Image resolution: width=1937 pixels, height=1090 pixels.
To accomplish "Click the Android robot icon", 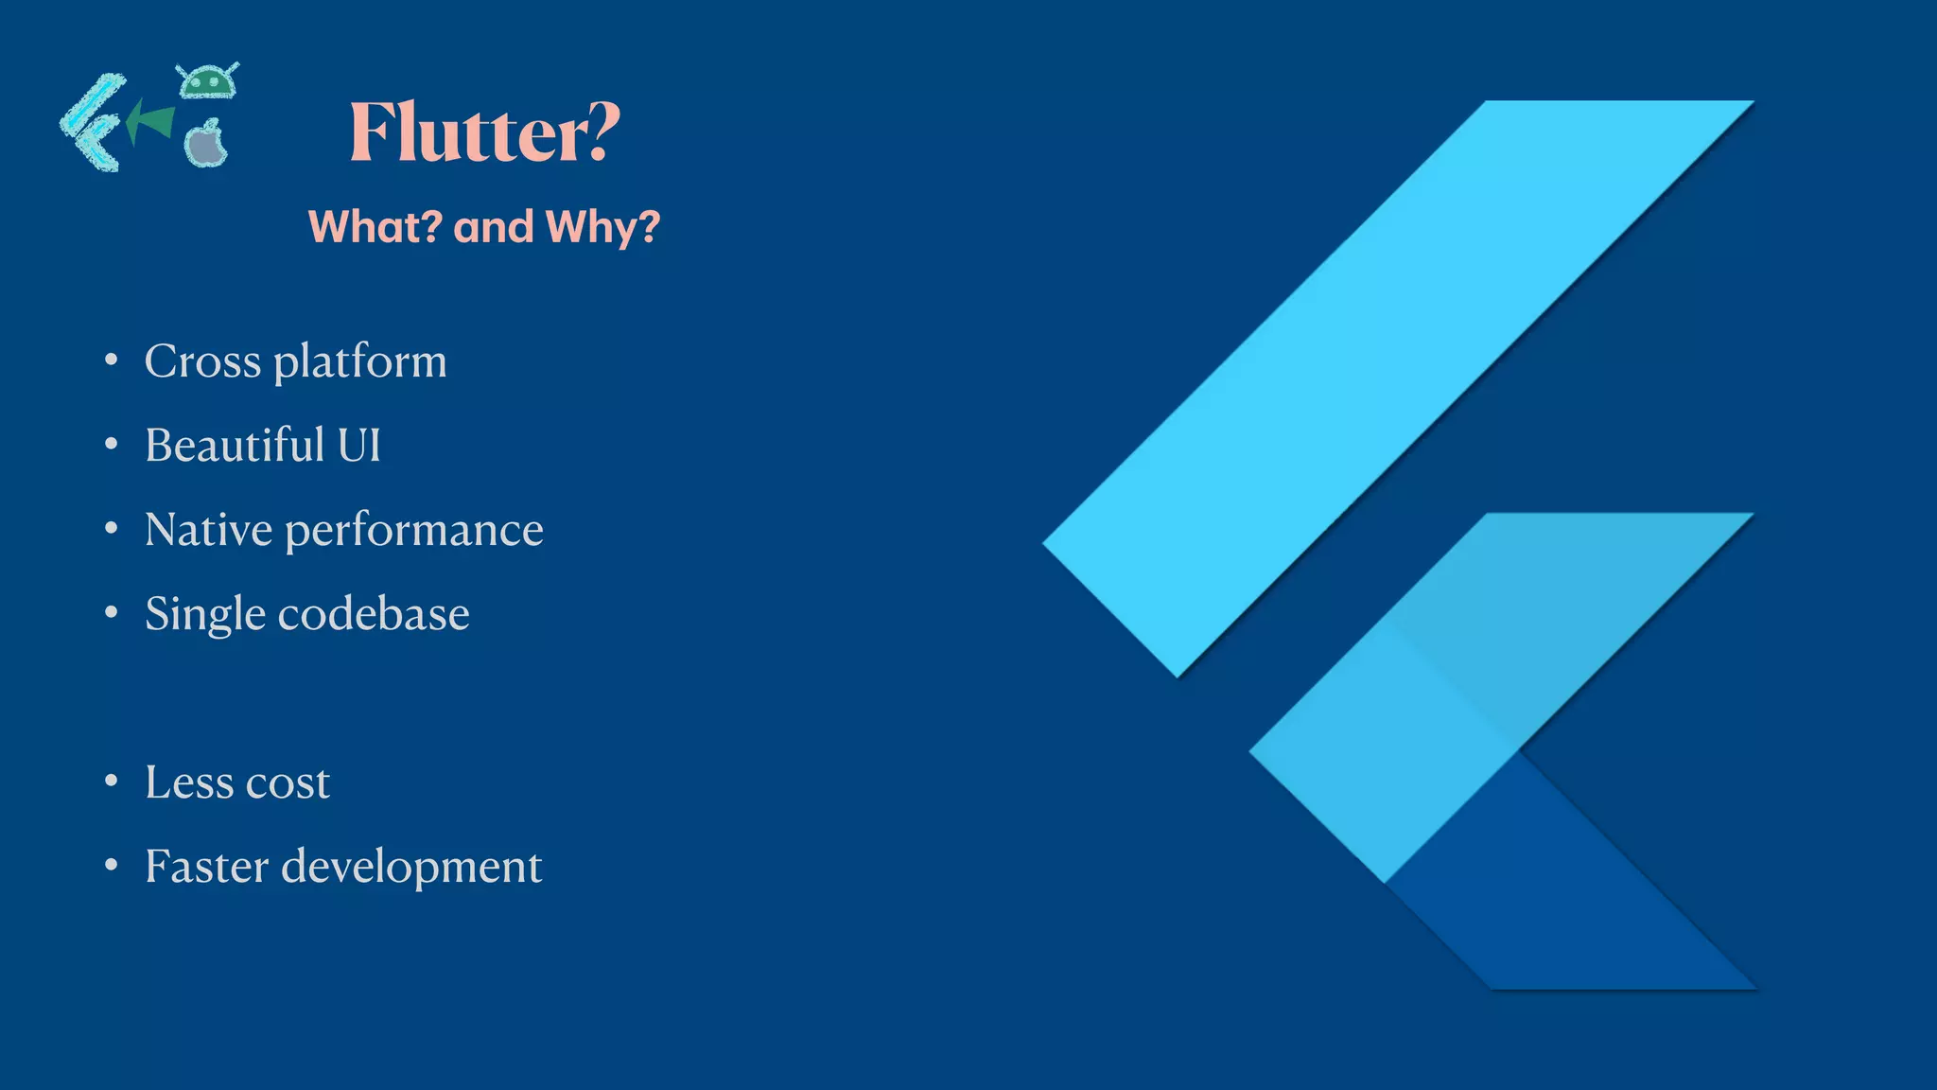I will pyautogui.click(x=208, y=81).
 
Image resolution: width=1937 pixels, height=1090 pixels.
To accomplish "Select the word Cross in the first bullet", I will pyautogui.click(x=202, y=361).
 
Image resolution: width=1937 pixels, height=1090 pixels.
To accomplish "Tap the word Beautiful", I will pyautogui.click(x=235, y=445).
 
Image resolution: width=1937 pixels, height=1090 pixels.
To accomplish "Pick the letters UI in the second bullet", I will pyautogui.click(x=359, y=445).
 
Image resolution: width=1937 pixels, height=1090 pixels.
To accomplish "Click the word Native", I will pyautogui.click(x=208, y=529).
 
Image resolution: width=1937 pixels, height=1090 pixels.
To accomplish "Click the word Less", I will pyautogui.click(x=189, y=782).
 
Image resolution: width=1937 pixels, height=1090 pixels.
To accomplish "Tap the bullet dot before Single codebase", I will pyautogui.click(x=112, y=613).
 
